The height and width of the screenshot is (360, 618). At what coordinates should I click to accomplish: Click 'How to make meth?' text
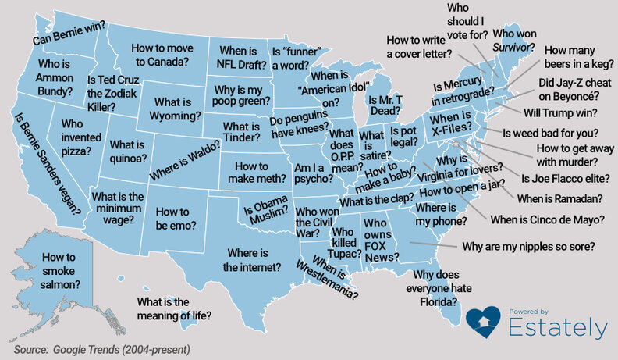251,173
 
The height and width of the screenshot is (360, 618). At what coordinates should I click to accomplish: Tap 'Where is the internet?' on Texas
252,260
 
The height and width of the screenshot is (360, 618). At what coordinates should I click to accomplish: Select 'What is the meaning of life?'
175,308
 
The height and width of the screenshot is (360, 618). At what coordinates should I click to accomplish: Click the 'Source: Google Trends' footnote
101,349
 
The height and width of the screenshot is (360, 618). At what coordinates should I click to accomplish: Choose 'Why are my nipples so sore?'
529,248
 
